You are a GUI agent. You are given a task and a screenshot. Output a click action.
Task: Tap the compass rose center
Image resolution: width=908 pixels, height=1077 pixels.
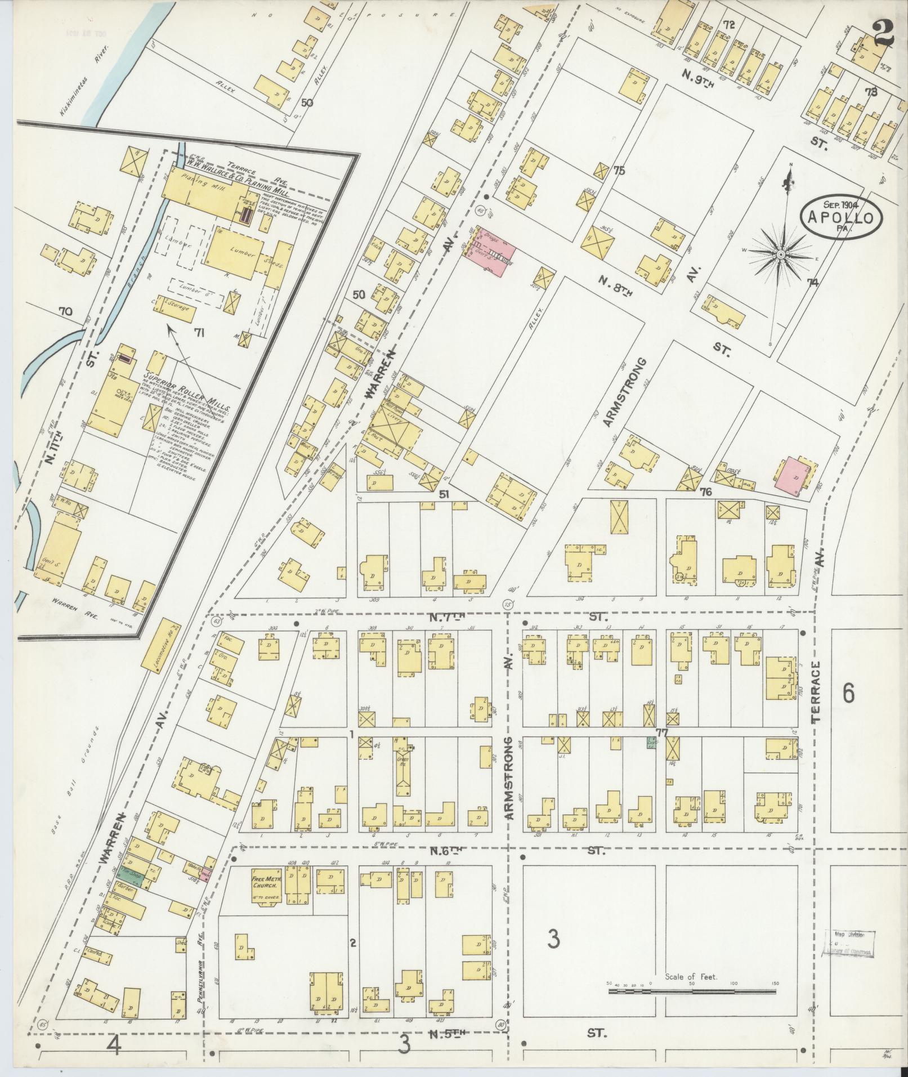pos(781,255)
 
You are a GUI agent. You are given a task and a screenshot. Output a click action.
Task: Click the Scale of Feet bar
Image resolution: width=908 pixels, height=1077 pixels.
pos(692,989)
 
